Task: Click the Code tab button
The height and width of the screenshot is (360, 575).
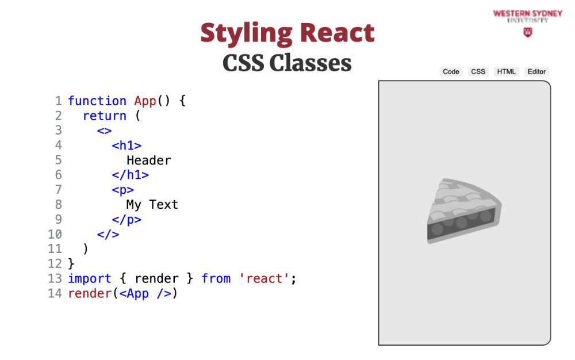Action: pos(451,71)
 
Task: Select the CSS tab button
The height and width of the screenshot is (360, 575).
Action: pos(478,71)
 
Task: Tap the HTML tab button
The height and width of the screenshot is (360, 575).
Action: pos(506,71)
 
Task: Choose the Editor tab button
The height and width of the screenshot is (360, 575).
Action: pos(536,71)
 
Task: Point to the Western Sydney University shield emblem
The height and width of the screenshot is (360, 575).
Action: pos(528,33)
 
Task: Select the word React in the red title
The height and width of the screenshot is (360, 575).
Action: pos(338,33)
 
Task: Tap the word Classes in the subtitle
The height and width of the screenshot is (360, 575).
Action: pos(310,63)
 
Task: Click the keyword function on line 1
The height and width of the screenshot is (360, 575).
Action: pos(97,101)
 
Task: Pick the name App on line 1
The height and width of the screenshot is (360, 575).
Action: pos(145,101)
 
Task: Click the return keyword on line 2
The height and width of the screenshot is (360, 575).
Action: pos(105,116)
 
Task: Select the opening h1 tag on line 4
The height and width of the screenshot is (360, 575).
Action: pos(126,145)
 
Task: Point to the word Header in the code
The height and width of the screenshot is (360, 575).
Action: pos(149,160)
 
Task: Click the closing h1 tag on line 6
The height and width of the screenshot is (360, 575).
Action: pos(131,175)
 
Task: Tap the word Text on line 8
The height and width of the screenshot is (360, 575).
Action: pos(163,205)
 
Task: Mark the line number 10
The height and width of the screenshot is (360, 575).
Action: pos(55,234)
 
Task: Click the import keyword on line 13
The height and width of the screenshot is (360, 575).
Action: pos(90,278)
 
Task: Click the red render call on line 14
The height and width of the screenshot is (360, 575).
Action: pos(90,293)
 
